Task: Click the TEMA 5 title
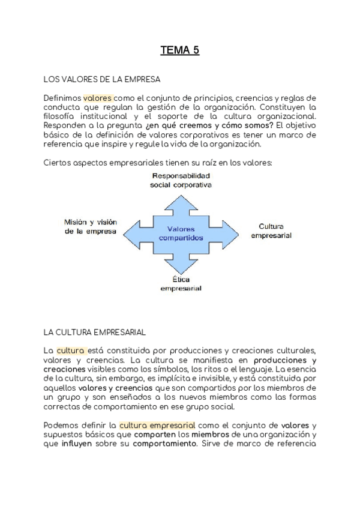pyautogui.click(x=179, y=51)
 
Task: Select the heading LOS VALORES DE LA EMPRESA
pyautogui.click(x=101, y=79)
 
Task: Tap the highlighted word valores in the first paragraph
pyautogui.click(x=97, y=97)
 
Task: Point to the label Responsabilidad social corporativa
pyautogui.click(x=181, y=180)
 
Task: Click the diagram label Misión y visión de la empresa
pyautogui.click(x=90, y=226)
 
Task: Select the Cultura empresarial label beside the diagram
pyautogui.click(x=271, y=231)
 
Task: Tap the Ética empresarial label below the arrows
pyautogui.click(x=181, y=284)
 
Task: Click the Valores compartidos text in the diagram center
pyautogui.click(x=181, y=233)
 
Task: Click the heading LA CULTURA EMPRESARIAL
pyautogui.click(x=95, y=331)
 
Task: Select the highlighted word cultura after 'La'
pyautogui.click(x=71, y=351)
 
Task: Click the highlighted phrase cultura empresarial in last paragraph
pyautogui.click(x=157, y=426)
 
